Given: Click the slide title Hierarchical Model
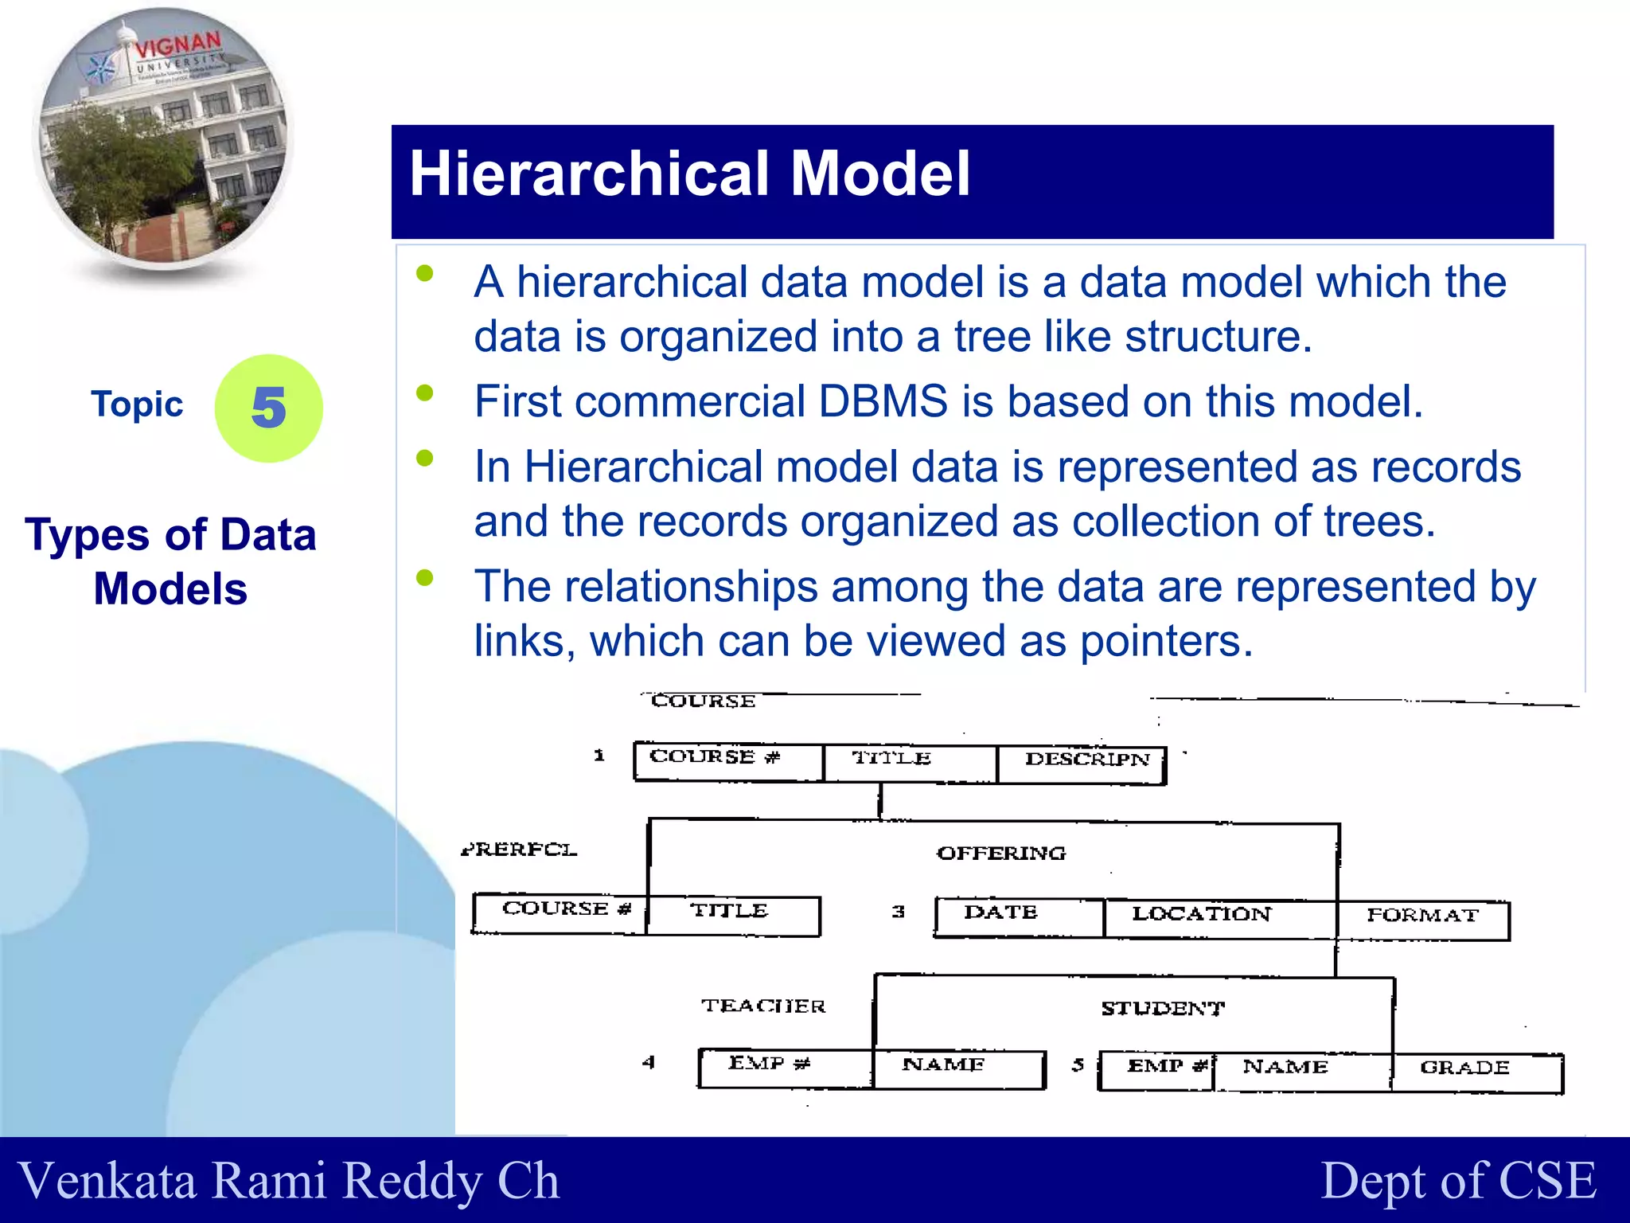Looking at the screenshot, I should pyautogui.click(x=689, y=174).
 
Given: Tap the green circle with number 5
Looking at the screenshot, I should pyautogui.click(x=268, y=408).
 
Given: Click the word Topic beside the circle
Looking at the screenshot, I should pyautogui.click(x=137, y=404).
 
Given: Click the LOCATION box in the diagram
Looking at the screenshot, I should pyautogui.click(x=1218, y=918).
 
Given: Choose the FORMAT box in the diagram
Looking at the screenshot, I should pyautogui.click(x=1423, y=920).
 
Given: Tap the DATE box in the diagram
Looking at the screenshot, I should pyautogui.click(x=1019, y=916).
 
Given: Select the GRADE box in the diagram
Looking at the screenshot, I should pyautogui.click(x=1476, y=1072).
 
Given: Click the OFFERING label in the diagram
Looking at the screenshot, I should pyautogui.click(x=1000, y=854).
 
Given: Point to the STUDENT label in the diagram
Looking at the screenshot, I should pyautogui.click(x=1163, y=1009).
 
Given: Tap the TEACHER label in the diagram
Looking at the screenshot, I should pyautogui.click(x=763, y=1006).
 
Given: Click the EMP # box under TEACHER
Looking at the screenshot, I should pyautogui.click(x=785, y=1068).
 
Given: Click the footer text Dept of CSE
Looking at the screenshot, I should pyautogui.click(x=1458, y=1180).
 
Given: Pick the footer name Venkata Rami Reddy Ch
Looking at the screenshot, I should pyautogui.click(x=288, y=1180).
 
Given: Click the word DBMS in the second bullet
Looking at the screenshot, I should pyautogui.click(x=883, y=401).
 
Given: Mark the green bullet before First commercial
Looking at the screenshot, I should pyautogui.click(x=425, y=393).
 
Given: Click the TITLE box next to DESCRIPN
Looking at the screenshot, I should pyautogui.click(x=910, y=762).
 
